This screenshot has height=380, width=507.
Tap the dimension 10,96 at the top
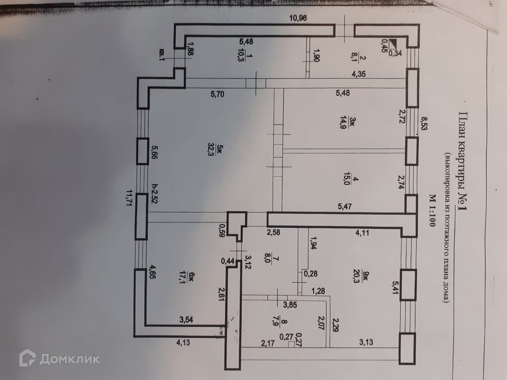click(x=298, y=19)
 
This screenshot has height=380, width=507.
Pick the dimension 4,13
click(x=182, y=343)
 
